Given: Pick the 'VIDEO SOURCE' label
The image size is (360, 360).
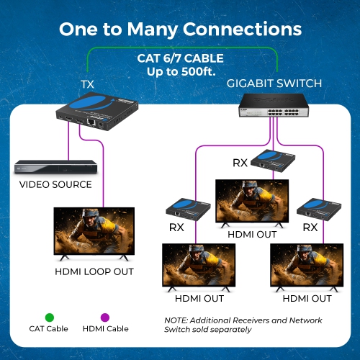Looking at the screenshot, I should tap(55, 185).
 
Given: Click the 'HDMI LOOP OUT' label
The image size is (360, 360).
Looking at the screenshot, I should tap(94, 272).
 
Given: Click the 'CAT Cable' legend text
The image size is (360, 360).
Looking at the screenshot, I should tap(50, 329).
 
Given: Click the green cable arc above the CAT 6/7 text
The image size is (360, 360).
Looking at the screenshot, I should tap(180, 48).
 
